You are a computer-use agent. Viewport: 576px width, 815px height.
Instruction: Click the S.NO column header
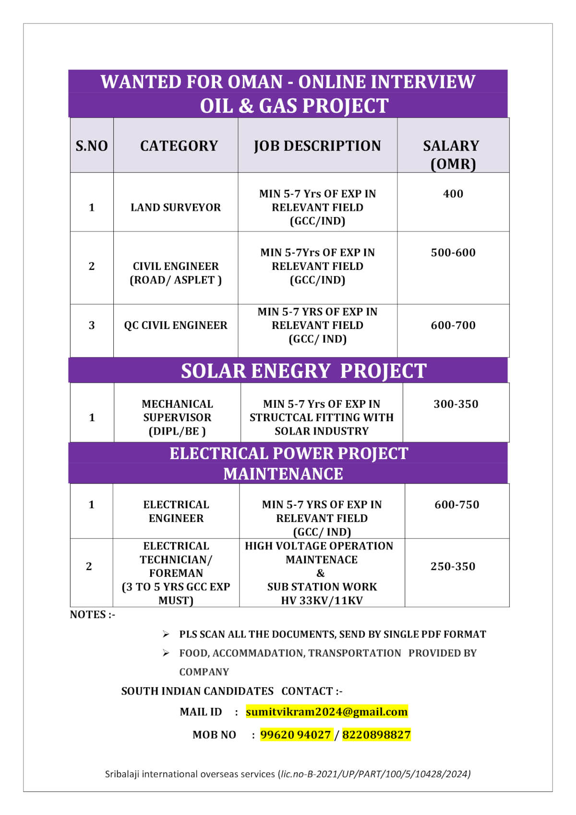pyautogui.click(x=92, y=146)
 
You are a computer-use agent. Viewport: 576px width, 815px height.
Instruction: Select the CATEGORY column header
pyautogui.click(x=179, y=146)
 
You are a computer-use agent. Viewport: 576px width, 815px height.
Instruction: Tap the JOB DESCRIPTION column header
pyautogui.click(x=317, y=146)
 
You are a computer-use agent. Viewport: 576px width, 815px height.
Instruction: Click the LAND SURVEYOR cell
pyautogui.click(x=176, y=207)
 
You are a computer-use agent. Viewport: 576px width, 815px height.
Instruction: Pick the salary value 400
pyautogui.click(x=453, y=194)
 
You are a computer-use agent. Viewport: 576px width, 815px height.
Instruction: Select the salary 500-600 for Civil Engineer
pyautogui.click(x=453, y=253)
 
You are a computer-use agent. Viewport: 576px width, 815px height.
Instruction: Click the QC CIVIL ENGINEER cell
pyautogui.click(x=176, y=325)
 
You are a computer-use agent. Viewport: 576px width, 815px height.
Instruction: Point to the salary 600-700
pyautogui.click(x=453, y=325)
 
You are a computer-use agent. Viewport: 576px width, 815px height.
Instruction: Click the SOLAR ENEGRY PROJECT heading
pyautogui.click(x=303, y=371)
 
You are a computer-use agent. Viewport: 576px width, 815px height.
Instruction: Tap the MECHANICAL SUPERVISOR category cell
pyautogui.click(x=177, y=417)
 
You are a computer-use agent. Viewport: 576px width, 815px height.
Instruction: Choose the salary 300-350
pyautogui.click(x=456, y=404)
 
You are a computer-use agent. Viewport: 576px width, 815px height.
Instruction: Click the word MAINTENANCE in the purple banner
pyautogui.click(x=283, y=474)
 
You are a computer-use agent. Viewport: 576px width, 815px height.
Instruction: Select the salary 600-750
pyautogui.click(x=456, y=504)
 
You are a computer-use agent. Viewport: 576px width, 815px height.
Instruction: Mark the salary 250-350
pyautogui.click(x=453, y=566)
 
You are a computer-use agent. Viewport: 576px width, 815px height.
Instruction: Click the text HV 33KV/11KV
pyautogui.click(x=322, y=600)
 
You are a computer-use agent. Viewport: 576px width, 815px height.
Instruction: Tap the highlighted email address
pyautogui.click(x=326, y=712)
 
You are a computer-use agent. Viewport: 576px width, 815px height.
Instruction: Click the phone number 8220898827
pyautogui.click(x=376, y=735)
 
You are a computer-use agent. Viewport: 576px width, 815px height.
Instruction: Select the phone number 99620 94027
pyautogui.click(x=296, y=735)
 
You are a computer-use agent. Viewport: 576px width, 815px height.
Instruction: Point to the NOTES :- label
pyautogui.click(x=93, y=615)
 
